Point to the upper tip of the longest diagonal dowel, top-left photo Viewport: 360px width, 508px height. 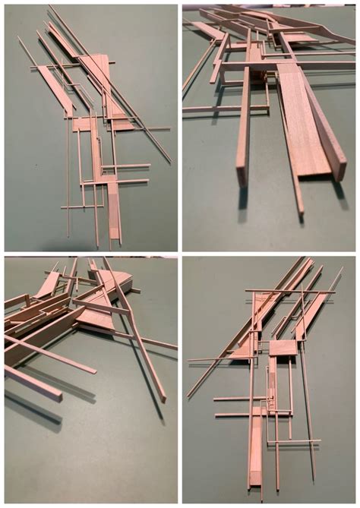point(50,7)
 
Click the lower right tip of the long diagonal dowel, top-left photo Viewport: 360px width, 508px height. point(171,162)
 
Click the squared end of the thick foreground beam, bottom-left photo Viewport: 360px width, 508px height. point(57,396)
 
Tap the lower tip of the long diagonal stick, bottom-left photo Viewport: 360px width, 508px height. point(163,399)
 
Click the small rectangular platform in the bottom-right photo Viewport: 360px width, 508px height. point(282,348)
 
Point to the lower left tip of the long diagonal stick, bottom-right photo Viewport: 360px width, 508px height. point(188,396)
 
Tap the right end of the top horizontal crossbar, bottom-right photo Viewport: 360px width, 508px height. point(335,291)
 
